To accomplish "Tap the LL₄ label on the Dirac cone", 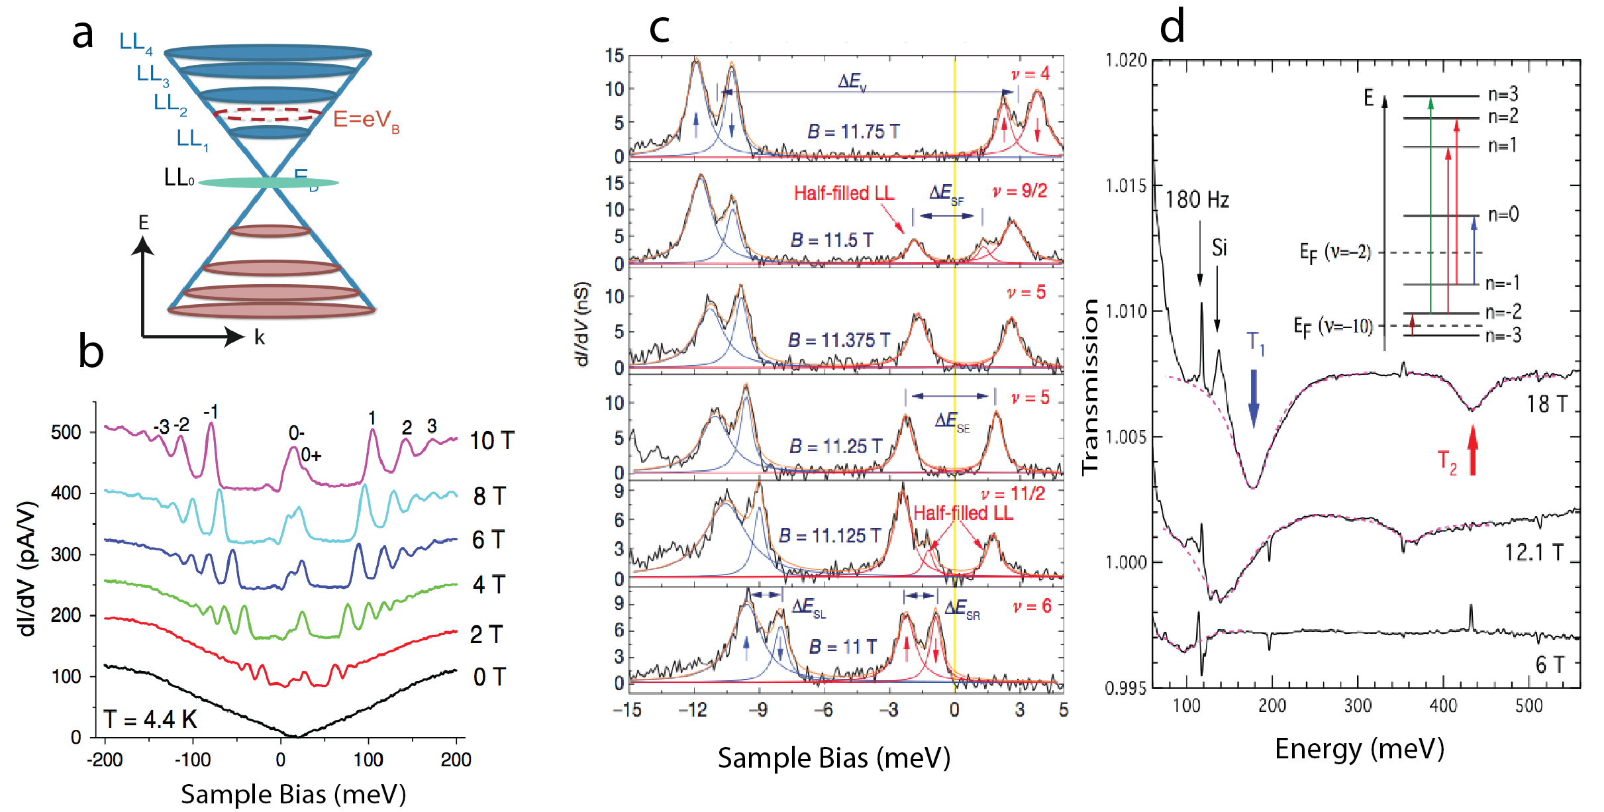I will pos(135,42).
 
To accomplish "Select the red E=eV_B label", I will pos(366,120).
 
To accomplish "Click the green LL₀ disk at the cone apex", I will pos(268,182).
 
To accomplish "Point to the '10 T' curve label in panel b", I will pos(491,440).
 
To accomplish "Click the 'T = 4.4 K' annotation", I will pos(150,719).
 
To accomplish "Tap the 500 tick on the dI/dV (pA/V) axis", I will pos(66,432).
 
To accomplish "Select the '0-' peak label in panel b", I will pos(296,433).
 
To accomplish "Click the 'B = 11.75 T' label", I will pos(853,132).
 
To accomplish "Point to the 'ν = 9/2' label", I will pos(1020,191).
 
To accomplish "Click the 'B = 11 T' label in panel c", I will pos(842,646).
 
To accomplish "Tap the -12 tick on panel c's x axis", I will pos(693,710).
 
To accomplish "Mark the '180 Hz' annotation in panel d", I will pos(1197,199).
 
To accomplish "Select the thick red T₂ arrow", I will pos(1473,450).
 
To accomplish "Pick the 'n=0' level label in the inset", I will pos(1503,215).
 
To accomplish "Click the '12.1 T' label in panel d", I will pos(1534,552).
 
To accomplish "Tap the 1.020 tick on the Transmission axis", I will pos(1126,60).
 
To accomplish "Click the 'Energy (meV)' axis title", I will pos(1359,749).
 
